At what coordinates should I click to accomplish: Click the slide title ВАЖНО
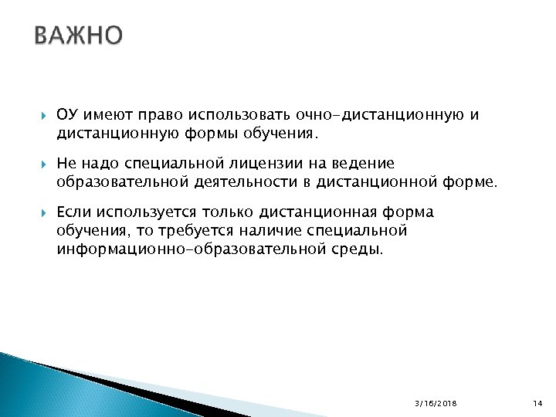pyautogui.click(x=78, y=36)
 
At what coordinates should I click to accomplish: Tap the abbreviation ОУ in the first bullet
pyautogui.click(x=66, y=115)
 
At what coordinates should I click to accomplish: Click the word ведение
pyautogui.click(x=365, y=164)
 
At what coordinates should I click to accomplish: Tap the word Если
pyautogui.click(x=73, y=212)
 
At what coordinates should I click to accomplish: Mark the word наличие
pyautogui.click(x=257, y=231)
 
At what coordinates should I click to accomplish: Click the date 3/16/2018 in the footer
pyautogui.click(x=436, y=403)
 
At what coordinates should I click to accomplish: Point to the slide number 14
pyautogui.click(x=538, y=403)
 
